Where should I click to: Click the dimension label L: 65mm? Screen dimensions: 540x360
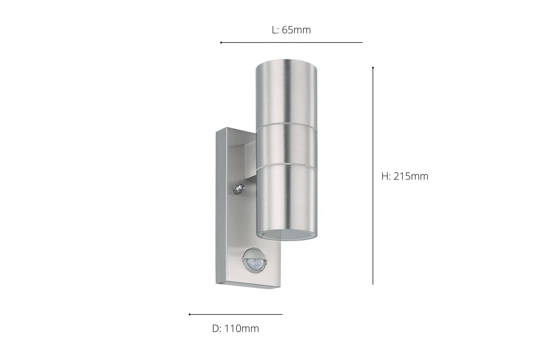[291, 30]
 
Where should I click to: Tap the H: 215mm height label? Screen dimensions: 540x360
[405, 176]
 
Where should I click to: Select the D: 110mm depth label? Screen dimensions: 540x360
[235, 328]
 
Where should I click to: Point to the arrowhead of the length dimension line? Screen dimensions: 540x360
[221, 42]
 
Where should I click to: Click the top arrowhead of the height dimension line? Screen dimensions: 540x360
[373, 68]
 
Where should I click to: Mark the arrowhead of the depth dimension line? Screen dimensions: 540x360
[190, 314]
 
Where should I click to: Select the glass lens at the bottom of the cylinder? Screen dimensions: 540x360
[289, 234]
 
